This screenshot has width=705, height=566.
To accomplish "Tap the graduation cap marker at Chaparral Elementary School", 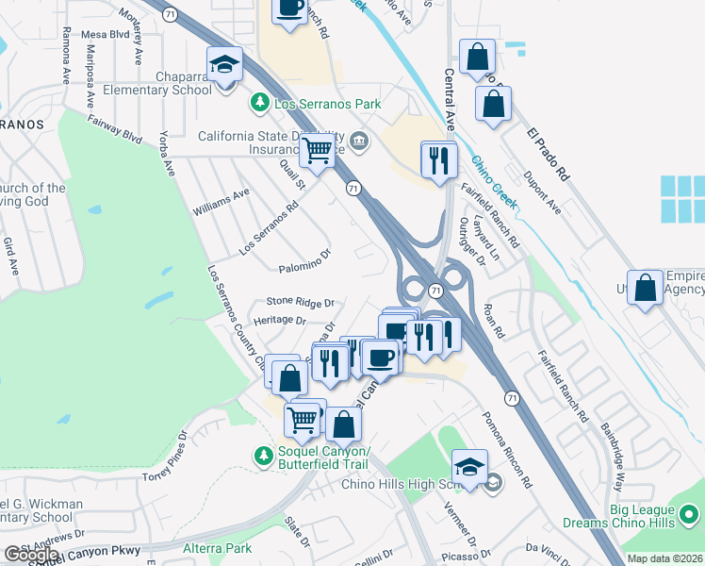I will pos(225,66).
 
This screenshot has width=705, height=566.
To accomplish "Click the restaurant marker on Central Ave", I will pos(439,160).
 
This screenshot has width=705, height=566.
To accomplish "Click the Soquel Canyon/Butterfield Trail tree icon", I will pos(262,456).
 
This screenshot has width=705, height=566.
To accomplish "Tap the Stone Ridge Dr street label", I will pos(301,302).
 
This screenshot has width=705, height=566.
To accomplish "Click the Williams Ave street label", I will pos(221,199).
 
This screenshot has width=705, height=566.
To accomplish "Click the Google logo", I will pos(31,555).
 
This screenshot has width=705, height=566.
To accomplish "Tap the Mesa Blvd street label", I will pos(105,34).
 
